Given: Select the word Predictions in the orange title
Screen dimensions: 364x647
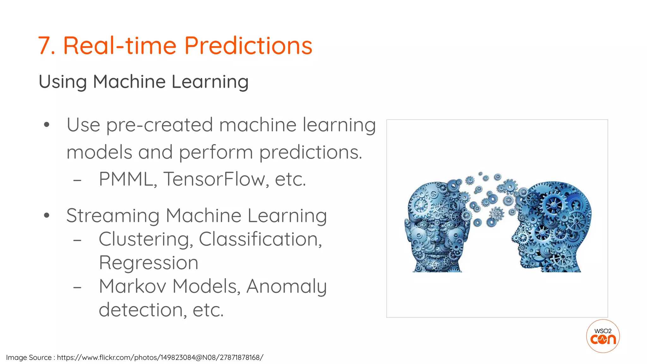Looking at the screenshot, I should [x=248, y=46].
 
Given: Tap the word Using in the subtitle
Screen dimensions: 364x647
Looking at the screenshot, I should [x=62, y=82].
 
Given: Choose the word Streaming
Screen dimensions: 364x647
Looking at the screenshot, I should [x=113, y=216].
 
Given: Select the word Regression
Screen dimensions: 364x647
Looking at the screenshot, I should [x=148, y=263].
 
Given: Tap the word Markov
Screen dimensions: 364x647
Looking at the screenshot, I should [x=132, y=286].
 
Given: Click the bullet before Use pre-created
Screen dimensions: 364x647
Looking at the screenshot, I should [x=47, y=125].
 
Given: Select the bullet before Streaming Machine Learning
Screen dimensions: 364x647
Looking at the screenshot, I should [x=47, y=215].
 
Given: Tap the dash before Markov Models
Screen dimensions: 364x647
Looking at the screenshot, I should [x=77, y=287].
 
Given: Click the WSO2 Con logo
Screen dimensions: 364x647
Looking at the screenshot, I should [x=603, y=336].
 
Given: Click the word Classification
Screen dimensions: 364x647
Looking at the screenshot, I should [x=260, y=239].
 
